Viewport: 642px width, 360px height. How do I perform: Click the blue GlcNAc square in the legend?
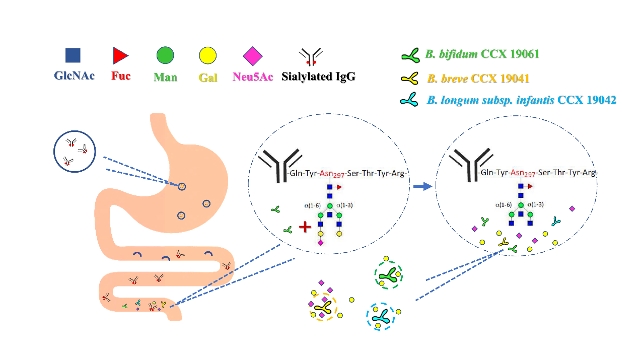pyautogui.click(x=73, y=55)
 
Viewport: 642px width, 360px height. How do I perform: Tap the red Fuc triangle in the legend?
pyautogui.click(x=120, y=55)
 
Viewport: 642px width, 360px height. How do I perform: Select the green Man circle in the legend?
pyautogui.click(x=165, y=55)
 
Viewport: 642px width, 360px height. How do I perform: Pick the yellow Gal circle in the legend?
pyautogui.click(x=207, y=55)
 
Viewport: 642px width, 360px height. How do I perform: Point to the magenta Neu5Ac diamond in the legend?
pyautogui.click(x=253, y=55)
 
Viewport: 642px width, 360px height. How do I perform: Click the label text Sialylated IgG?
pyautogui.click(x=318, y=77)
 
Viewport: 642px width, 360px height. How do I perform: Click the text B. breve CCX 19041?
pyautogui.click(x=478, y=79)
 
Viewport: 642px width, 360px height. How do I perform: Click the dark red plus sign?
pyautogui.click(x=305, y=227)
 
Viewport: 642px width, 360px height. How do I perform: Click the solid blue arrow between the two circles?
pyautogui.click(x=422, y=186)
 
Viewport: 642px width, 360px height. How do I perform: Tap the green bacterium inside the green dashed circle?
pyautogui.click(x=388, y=275)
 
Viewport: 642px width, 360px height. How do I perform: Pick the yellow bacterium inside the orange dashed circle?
pyautogui.click(x=323, y=308)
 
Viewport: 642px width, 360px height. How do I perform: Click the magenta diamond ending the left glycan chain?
pyautogui.click(x=320, y=243)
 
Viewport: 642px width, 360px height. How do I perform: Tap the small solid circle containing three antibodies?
pyautogui.click(x=74, y=152)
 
